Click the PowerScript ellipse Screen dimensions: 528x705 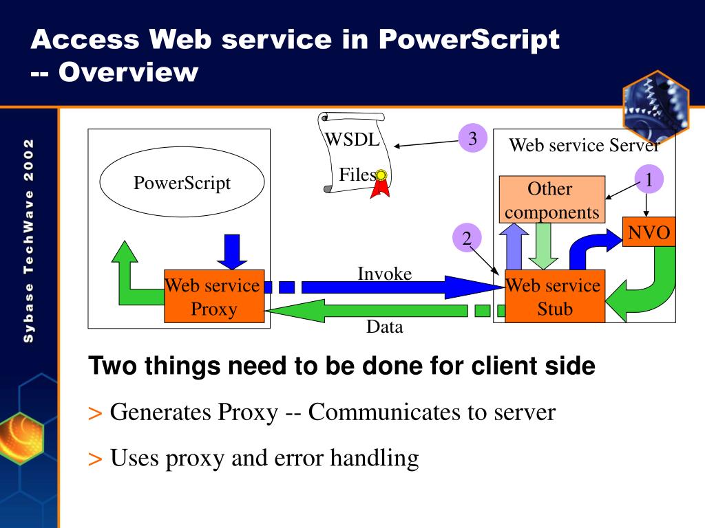pos(182,184)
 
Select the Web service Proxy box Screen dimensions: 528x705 pos(214,297)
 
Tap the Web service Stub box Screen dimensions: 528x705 pos(554,297)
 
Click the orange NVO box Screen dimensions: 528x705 pos(649,232)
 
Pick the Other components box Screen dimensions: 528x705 pos(551,200)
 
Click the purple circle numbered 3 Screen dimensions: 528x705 pos(472,139)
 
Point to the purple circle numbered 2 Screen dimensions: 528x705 pos(467,239)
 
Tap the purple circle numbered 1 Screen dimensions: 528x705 pos(648,180)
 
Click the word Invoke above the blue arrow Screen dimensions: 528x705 pos(384,274)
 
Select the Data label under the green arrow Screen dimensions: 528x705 pos(384,327)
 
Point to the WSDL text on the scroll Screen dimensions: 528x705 pos(352,140)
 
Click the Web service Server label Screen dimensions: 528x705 pos(584,145)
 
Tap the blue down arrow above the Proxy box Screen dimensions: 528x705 pos(232,251)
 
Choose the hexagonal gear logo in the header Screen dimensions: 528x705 pos(655,105)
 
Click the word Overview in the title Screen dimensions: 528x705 pos(127,71)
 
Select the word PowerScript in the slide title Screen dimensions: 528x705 pos(469,39)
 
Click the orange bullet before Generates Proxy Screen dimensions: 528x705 pos(95,413)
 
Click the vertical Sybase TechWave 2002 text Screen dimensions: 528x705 pos(28,240)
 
